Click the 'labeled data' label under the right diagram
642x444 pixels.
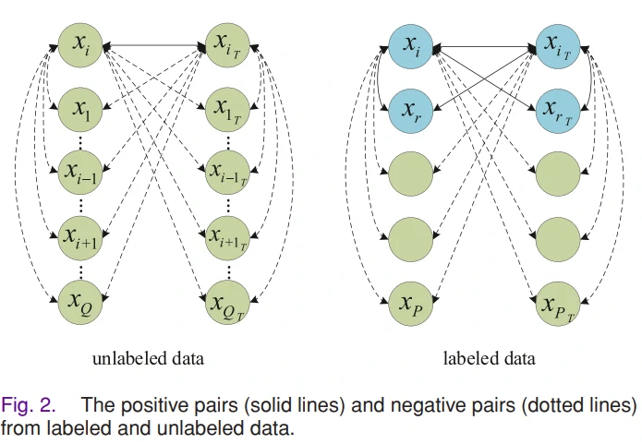click(489, 357)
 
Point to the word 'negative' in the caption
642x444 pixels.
click(417, 405)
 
